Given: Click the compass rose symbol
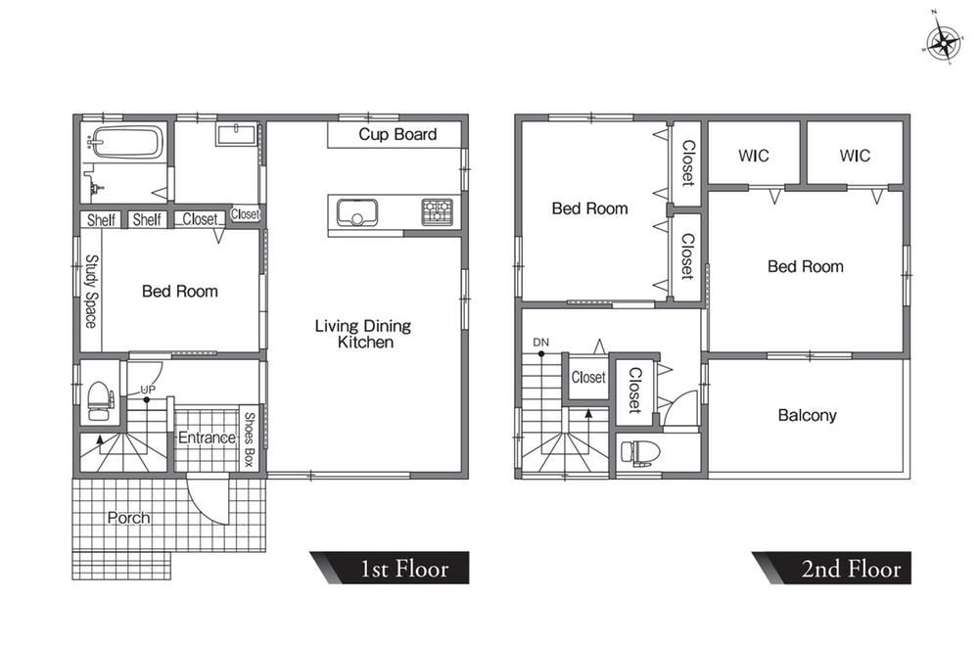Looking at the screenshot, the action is point(943,42).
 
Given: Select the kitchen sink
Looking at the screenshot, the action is point(357,212).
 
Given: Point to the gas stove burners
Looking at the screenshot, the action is point(437,212).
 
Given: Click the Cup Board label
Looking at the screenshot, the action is point(397,134).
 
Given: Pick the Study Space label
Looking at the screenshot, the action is point(91,291).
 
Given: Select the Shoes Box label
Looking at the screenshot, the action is point(249,439).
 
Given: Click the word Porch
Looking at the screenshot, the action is point(128,518).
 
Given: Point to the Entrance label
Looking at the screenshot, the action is point(207,437).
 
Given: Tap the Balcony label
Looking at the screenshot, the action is point(807,416).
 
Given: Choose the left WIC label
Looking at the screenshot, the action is point(754,156).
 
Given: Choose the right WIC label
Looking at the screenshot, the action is point(855,156).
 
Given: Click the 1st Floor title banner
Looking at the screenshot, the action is point(390,568).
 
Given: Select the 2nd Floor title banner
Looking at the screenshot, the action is point(831,568).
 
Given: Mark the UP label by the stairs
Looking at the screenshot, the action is point(148,390).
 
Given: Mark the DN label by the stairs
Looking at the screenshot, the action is point(540,342).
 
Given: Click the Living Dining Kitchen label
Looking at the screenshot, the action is point(363,334).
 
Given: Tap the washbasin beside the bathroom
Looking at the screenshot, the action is point(237,133).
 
